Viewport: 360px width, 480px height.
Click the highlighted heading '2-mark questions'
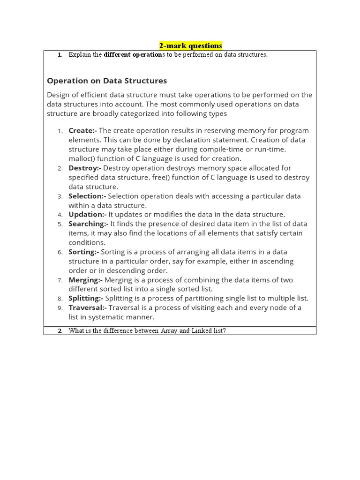click(x=190, y=45)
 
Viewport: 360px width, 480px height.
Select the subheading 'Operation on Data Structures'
click(x=107, y=81)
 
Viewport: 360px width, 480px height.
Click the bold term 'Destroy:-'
click(x=85, y=168)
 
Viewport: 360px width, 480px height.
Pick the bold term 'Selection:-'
click(x=87, y=196)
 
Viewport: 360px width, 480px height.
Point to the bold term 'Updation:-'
click(x=87, y=214)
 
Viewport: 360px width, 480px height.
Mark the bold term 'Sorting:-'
click(x=83, y=252)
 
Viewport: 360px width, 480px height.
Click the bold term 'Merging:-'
click(x=85, y=280)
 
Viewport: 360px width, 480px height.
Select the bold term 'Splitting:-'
click(x=86, y=298)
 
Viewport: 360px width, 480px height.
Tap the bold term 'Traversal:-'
click(x=88, y=307)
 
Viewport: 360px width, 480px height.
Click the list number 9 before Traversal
click(x=60, y=308)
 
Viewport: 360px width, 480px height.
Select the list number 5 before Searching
click(x=60, y=224)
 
